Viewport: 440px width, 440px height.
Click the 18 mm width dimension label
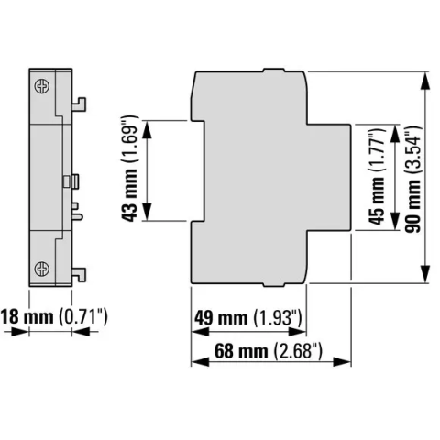(54, 316)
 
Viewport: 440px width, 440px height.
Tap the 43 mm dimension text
(130, 169)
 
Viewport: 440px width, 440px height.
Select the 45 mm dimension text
(377, 176)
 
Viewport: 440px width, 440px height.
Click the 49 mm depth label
(248, 318)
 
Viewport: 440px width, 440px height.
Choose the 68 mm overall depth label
(269, 351)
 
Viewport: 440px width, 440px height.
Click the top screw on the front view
(42, 86)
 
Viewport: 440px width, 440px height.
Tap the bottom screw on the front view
(42, 269)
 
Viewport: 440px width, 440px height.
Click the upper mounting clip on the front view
(79, 104)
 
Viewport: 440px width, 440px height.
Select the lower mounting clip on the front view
(79, 275)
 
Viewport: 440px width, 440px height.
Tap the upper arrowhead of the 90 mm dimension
(425, 81)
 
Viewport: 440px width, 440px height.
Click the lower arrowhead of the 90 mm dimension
(425, 274)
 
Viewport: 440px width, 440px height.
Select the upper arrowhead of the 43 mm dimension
(148, 129)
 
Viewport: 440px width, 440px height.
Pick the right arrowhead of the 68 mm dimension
(342, 362)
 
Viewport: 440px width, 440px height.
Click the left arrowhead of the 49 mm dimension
(201, 332)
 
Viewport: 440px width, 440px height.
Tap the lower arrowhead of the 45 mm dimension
(395, 221)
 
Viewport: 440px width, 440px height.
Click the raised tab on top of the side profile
(274, 71)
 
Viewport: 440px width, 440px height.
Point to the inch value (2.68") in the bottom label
(298, 351)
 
